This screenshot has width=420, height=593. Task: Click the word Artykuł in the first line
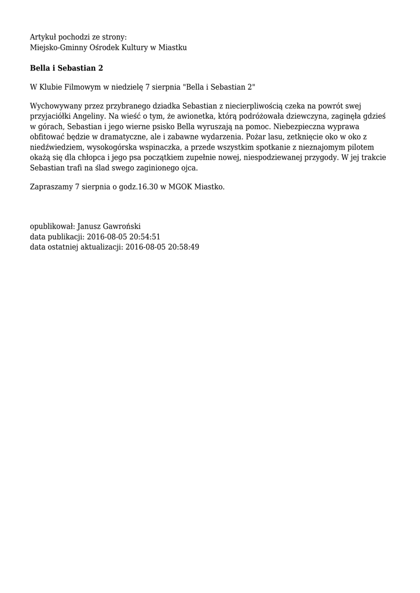[x=42, y=37]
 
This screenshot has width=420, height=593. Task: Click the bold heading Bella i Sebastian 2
[x=67, y=68]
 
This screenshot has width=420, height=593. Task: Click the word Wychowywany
[x=55, y=106]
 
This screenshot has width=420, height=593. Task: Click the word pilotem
[x=360, y=148]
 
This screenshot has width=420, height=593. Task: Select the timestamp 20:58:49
[x=181, y=247]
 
